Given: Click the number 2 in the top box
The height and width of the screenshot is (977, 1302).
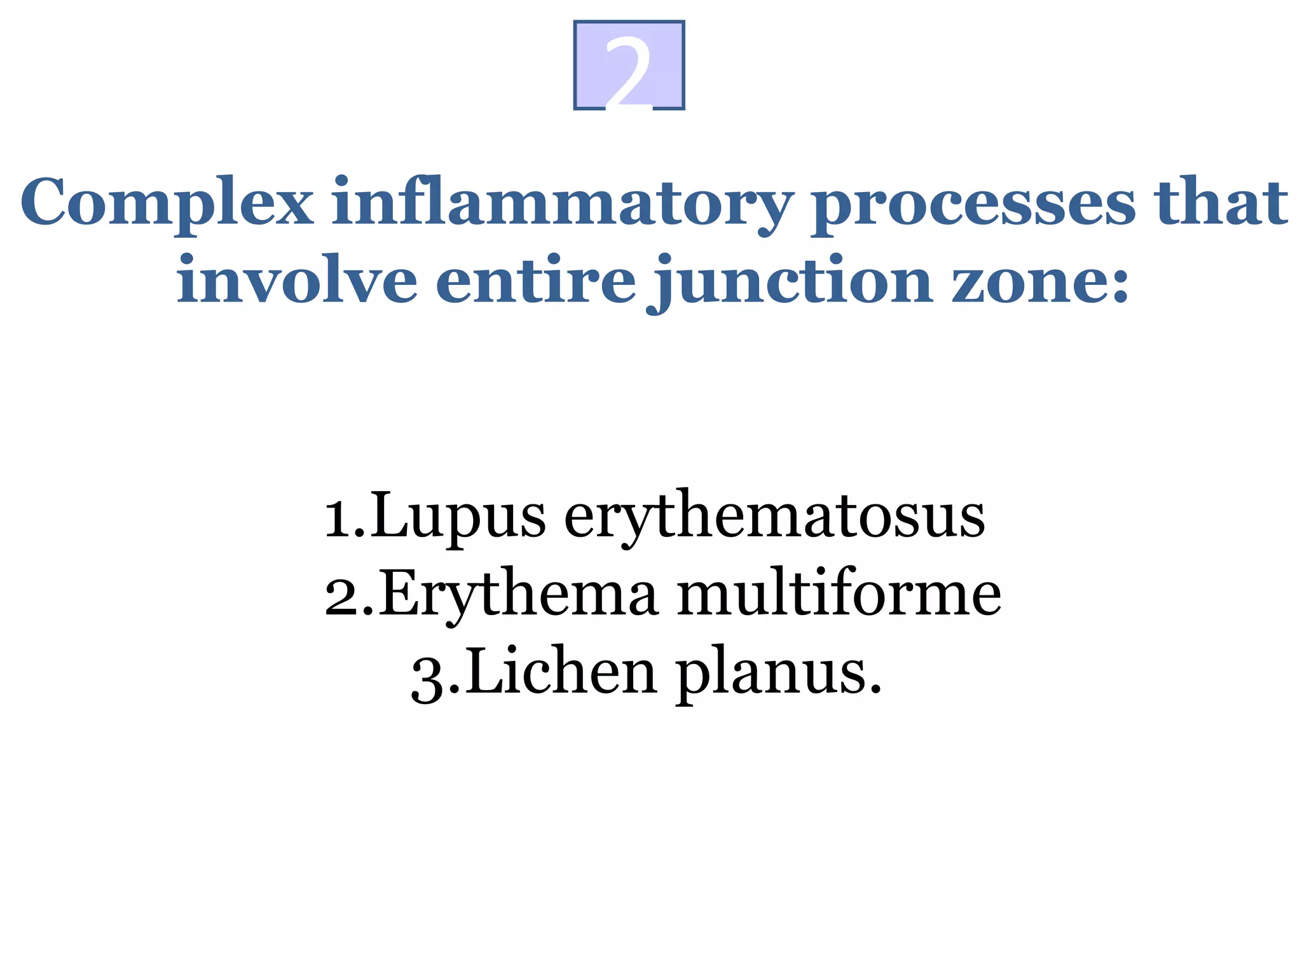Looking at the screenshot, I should point(628,69).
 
